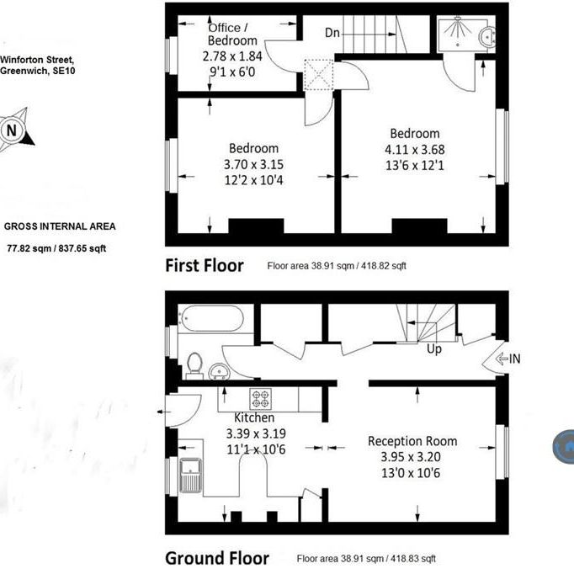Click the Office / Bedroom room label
coord(232,34)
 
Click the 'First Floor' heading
coord(205,266)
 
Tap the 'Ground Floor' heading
coord(217,558)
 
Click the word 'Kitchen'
coord(253,417)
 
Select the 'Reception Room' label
coord(412,441)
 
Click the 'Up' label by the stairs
coord(434,348)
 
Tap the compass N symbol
coord(12,130)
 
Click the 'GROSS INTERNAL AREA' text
coord(60,226)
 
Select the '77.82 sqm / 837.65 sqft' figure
coord(57,248)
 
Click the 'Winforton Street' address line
coord(37,60)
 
